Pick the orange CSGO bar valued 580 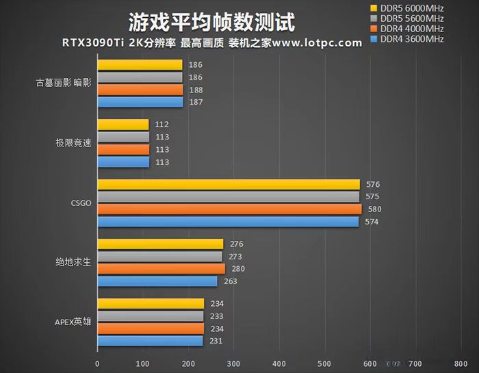click(x=229, y=209)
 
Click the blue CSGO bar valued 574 click(x=228, y=222)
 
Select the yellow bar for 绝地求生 click(x=160, y=244)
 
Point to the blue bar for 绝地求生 click(x=157, y=281)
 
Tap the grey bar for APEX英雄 click(x=151, y=316)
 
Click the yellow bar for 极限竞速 click(x=123, y=125)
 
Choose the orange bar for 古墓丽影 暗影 click(x=140, y=90)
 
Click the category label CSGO click(x=80, y=204)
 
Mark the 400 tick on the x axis click(x=279, y=363)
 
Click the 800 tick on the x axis click(x=461, y=363)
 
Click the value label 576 click(x=373, y=185)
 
